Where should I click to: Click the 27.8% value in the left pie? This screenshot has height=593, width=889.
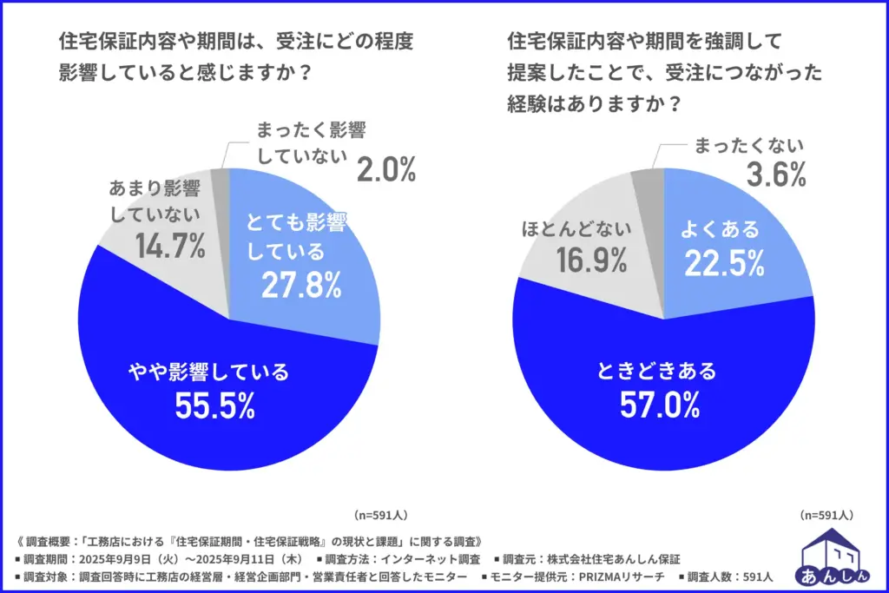pos(298,283)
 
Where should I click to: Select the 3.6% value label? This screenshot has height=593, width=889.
pos(777,175)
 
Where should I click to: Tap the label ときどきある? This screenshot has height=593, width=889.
pos(657,372)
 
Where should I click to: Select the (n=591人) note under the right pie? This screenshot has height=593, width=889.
pos(827,513)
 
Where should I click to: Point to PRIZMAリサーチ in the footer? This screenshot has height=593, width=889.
pos(624,576)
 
